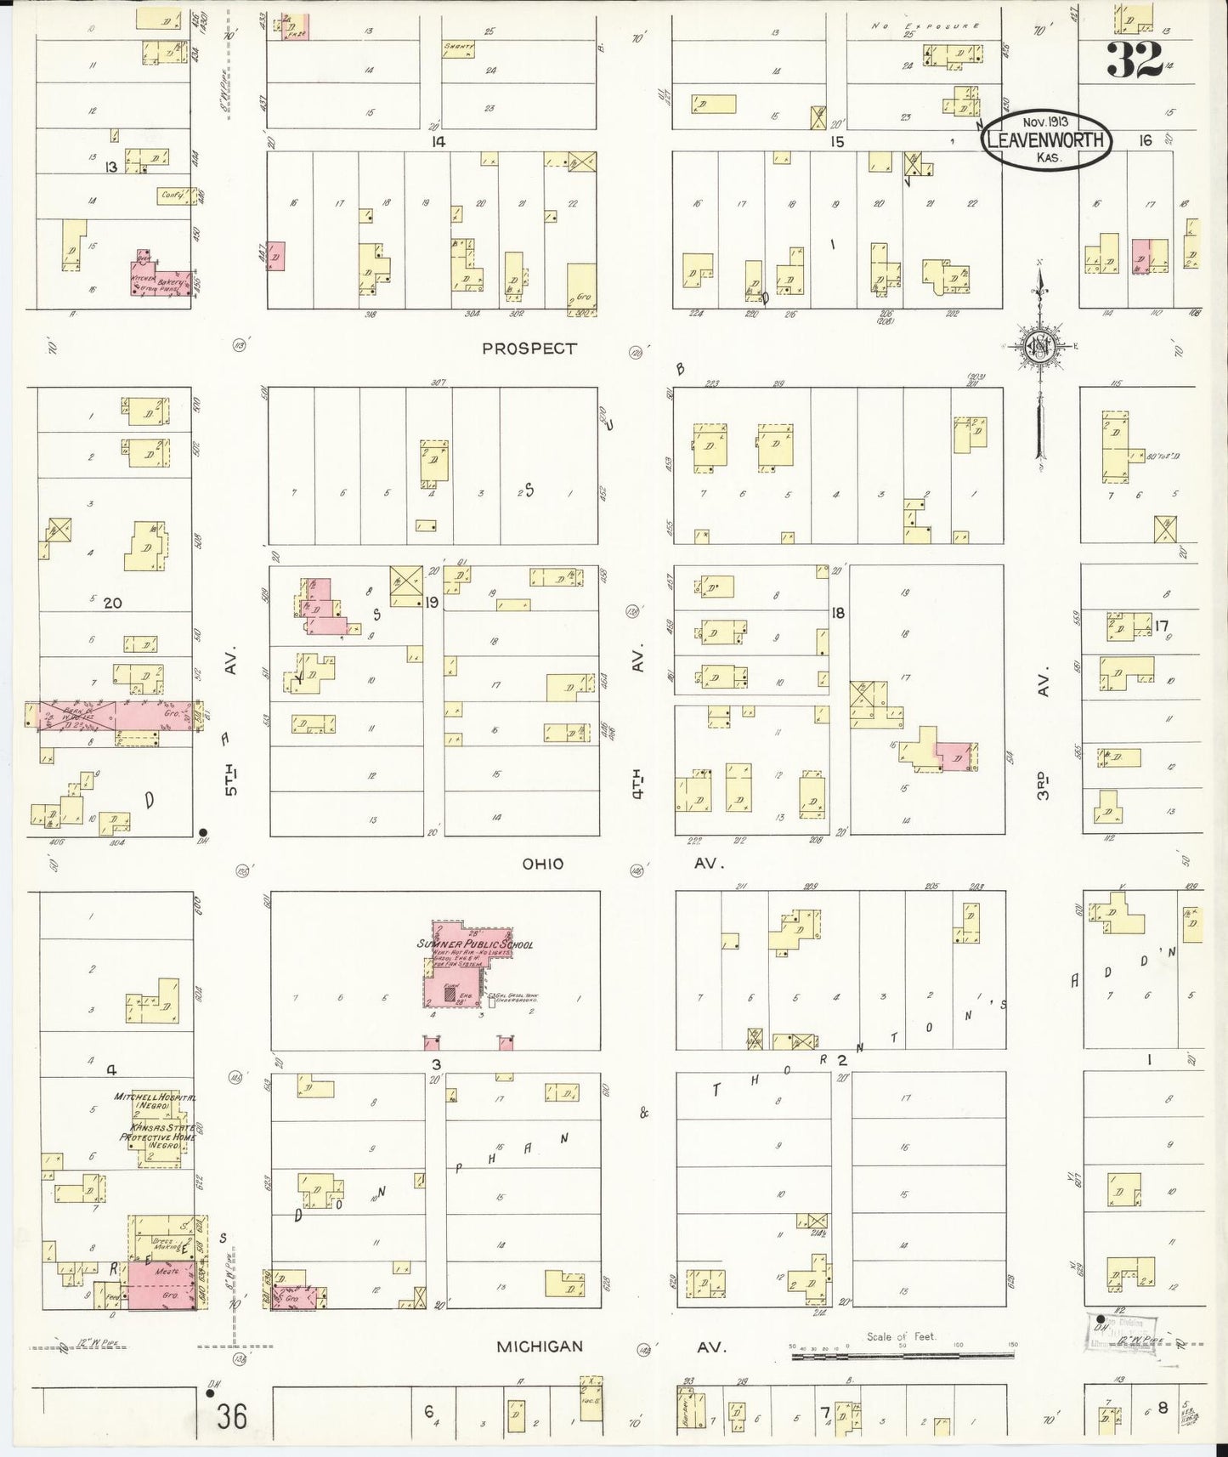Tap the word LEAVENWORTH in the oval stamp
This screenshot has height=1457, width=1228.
pyautogui.click(x=1047, y=141)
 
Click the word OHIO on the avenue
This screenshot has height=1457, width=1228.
pyautogui.click(x=543, y=864)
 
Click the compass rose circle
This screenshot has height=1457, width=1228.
pyautogui.click(x=1038, y=346)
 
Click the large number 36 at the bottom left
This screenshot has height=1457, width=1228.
pyautogui.click(x=231, y=1418)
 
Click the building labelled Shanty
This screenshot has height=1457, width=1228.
pyautogui.click(x=458, y=48)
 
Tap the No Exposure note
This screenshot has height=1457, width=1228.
pyautogui.click(x=925, y=26)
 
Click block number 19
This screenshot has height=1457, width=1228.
pyautogui.click(x=432, y=603)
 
